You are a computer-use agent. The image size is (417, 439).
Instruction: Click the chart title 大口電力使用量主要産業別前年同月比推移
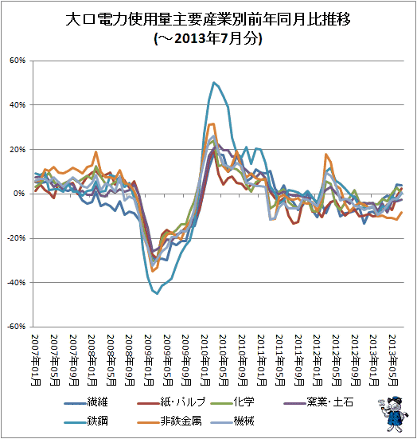point(208,20)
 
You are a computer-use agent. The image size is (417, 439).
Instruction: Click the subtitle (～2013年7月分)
point(208,38)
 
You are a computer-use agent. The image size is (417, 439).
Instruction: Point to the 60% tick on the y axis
point(18,61)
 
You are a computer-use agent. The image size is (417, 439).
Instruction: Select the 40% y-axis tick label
point(18,105)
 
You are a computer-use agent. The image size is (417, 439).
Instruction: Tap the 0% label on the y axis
point(20,194)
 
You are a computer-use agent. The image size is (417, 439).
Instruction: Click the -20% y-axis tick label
point(16,238)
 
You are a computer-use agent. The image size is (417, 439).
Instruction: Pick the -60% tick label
point(16,327)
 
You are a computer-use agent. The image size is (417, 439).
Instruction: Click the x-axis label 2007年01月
point(36,360)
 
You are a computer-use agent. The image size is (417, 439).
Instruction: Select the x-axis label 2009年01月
point(149,360)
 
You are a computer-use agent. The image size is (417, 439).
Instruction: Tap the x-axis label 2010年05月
point(224,360)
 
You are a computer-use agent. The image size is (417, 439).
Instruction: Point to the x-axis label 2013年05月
point(393,360)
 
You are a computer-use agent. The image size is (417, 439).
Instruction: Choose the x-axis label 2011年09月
point(299,360)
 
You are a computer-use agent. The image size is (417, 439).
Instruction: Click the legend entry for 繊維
point(86,402)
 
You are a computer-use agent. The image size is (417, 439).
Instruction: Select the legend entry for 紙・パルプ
point(171,402)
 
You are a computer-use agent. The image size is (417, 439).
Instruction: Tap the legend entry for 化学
point(232,402)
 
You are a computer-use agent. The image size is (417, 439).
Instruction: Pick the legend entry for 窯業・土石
point(318,402)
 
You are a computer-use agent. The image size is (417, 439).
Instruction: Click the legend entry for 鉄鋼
point(86,421)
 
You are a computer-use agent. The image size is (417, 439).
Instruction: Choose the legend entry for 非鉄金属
point(170,421)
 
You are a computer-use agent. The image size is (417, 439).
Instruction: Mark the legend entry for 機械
point(232,421)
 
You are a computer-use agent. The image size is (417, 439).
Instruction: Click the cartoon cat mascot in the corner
point(393,414)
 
